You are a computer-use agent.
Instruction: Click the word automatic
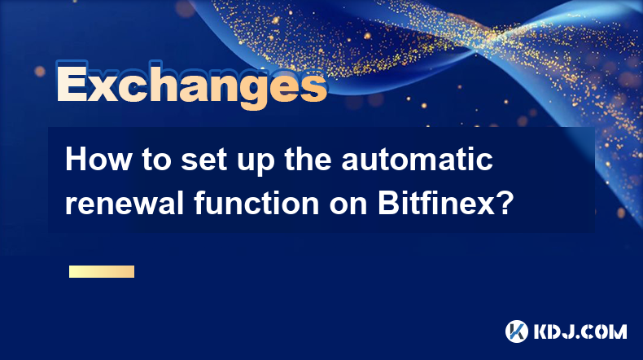pos(417,160)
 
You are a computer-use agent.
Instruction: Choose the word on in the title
pos(348,207)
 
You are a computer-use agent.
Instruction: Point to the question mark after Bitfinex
pos(505,203)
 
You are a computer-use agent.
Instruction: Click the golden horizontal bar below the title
pos(102,271)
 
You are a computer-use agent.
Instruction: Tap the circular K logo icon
pos(517,331)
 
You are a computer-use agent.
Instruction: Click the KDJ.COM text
pos(580,331)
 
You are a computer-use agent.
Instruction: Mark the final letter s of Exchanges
pos(313,88)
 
